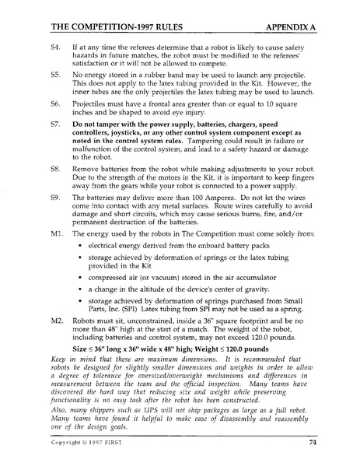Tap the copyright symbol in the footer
90,444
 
